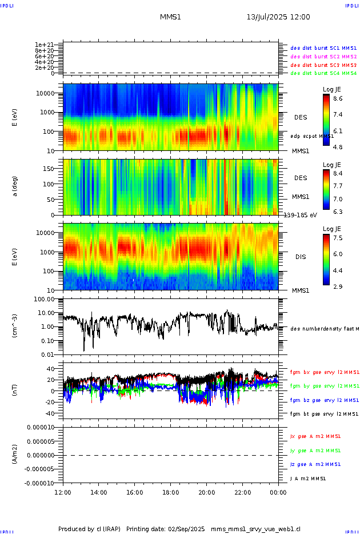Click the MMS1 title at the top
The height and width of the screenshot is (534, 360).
170,17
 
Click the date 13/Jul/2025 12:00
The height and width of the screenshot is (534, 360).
278,17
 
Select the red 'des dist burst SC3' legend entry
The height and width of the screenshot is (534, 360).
323,65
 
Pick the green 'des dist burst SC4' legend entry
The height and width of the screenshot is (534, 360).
323,74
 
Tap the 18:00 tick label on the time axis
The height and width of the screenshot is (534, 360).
170,492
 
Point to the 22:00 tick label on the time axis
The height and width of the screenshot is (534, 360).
242,492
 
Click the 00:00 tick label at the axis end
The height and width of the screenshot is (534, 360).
278,492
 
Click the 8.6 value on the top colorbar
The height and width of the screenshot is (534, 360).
338,99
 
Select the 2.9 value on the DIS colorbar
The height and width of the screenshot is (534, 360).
338,286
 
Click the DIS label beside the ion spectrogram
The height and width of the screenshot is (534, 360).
301,257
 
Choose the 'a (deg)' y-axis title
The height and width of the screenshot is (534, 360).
15,186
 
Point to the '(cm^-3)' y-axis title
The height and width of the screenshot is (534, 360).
15,326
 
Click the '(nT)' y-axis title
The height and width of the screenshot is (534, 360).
15,390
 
